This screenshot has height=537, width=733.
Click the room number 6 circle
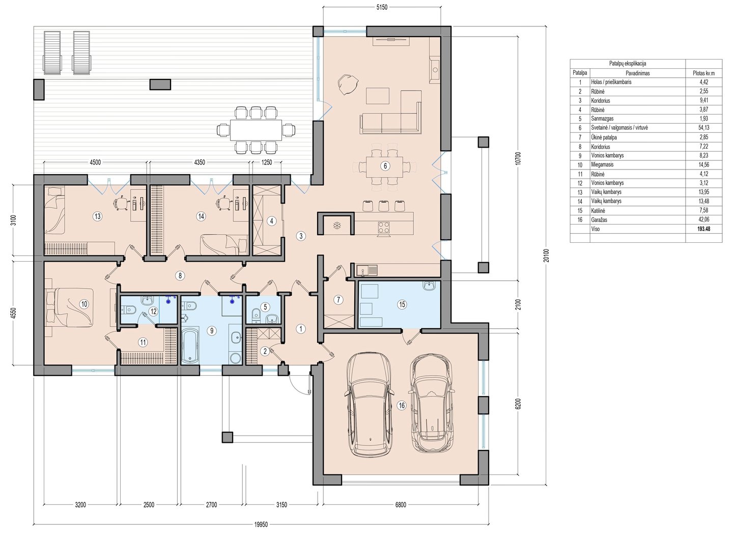[x=385, y=166]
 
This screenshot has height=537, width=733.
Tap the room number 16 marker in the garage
[x=401, y=406]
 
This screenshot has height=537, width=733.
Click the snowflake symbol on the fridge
[x=336, y=225]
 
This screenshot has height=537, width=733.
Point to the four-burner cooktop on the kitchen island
[x=383, y=227]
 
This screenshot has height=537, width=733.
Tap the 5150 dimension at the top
[x=382, y=7]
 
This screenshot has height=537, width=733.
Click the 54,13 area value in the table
[x=703, y=128]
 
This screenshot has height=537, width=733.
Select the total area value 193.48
[x=703, y=229]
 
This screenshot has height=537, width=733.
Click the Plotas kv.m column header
[x=703, y=73]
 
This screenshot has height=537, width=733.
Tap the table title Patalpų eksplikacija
[x=628, y=64]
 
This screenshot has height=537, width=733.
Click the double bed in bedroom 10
[x=74, y=307]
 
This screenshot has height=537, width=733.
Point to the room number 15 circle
[x=402, y=304]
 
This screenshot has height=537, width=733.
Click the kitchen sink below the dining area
[x=367, y=270]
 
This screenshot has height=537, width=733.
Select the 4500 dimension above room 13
[x=95, y=162]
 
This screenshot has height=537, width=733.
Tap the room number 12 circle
[x=154, y=311]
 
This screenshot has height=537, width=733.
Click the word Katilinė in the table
[x=598, y=210]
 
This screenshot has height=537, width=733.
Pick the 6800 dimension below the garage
[x=401, y=504]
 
